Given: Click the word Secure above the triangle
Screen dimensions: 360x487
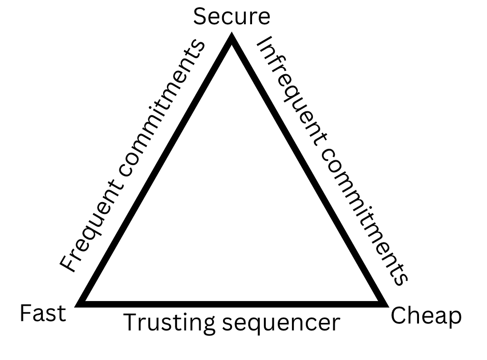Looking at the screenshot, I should pos(232,17).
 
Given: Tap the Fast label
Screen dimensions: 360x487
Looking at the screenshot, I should pos(43,314).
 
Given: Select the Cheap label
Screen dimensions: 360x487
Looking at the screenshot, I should pos(426,316).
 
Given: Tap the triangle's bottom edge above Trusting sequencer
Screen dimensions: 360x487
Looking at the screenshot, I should pos(232,303).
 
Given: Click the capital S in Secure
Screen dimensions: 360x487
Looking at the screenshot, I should pos(200,17).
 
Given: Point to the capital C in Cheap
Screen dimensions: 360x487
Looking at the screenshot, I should pos(398,316).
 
